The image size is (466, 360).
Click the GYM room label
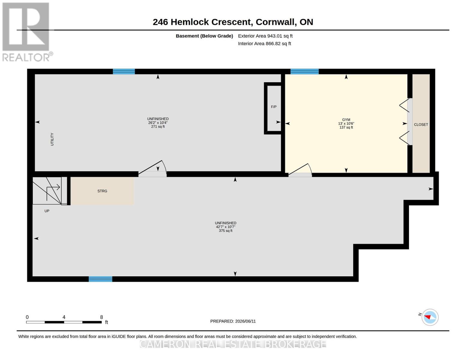tap(346, 120)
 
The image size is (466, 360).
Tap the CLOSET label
tap(421, 124)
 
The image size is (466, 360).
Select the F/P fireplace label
tap(274, 107)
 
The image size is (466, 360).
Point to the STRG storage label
tap(102, 191)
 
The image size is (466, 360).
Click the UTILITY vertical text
tap(52, 139)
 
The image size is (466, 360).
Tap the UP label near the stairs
tap(47, 211)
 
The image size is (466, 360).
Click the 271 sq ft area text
tap(158, 127)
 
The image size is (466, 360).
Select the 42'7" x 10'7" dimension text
tap(226, 227)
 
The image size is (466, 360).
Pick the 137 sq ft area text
tap(346, 127)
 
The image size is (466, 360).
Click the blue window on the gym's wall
tap(305, 71)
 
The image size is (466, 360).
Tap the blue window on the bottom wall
tap(100, 279)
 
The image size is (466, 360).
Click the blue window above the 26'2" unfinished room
tap(124, 71)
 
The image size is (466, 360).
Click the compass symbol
tap(430, 317)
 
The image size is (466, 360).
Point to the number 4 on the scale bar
tap(64, 317)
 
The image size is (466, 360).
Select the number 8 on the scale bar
tap(101, 317)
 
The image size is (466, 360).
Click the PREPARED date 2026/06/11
tap(245, 321)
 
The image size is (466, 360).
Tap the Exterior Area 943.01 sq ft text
tap(265, 36)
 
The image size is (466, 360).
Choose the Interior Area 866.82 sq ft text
tap(264, 43)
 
